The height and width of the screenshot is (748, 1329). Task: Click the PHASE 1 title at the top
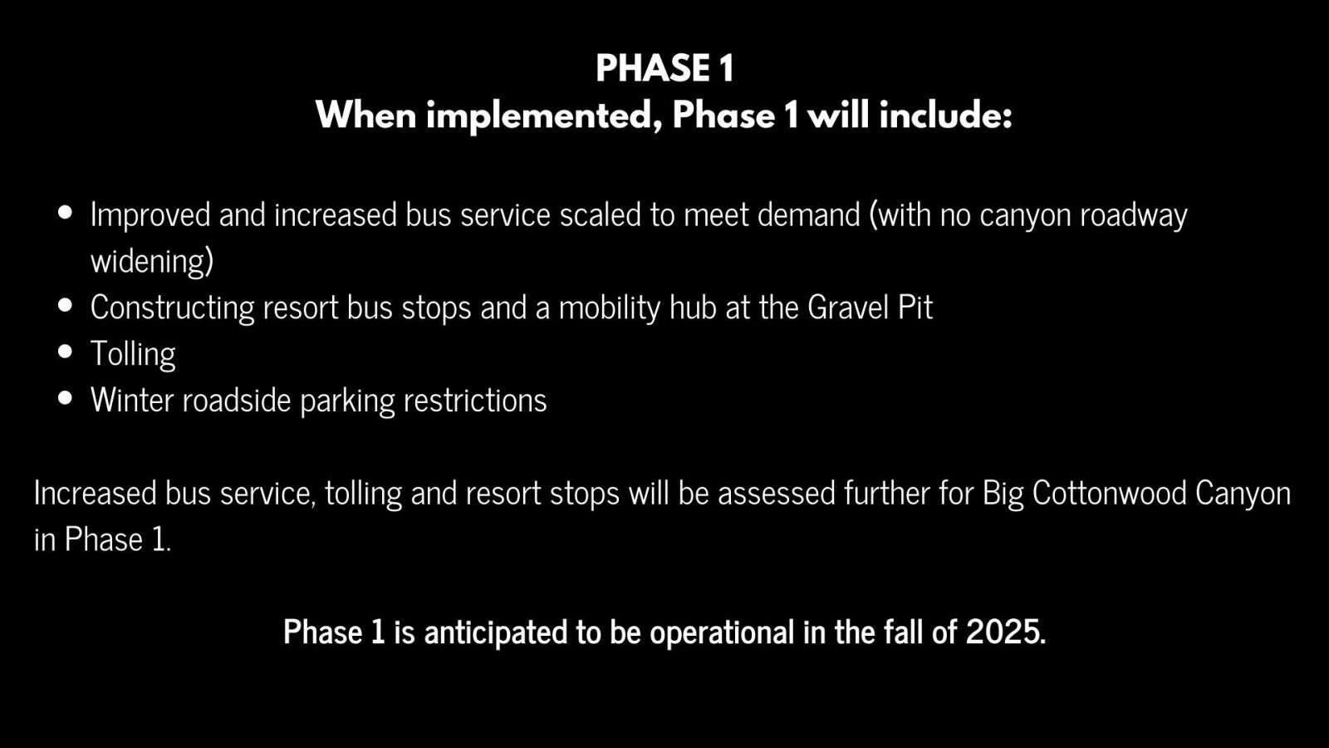[664, 68]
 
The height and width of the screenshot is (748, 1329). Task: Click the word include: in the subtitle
[946, 115]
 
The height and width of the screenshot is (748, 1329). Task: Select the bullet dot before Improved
[66, 213]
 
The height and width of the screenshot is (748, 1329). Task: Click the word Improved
[150, 215]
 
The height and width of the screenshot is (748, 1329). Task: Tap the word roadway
[1133, 216]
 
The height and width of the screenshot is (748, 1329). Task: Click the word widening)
[152, 262]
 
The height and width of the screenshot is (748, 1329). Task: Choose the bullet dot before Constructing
[66, 305]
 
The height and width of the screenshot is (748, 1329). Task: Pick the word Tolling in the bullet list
[133, 354]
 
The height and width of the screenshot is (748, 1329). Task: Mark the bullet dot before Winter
[66, 398]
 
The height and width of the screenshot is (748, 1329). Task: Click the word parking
[347, 401]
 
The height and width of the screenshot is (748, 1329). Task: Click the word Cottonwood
[1110, 493]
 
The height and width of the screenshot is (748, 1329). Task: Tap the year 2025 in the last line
[1003, 632]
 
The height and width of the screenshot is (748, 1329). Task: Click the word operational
[722, 632]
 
